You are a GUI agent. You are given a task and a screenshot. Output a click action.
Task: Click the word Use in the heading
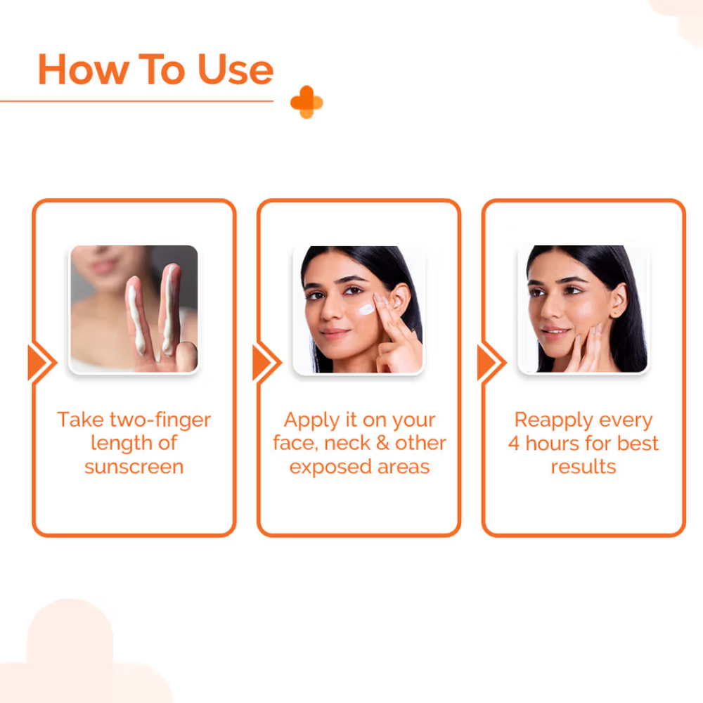click(236, 70)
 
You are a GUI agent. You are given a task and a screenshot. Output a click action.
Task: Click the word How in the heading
click(84, 70)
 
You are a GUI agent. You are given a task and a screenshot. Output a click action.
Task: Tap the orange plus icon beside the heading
click(307, 102)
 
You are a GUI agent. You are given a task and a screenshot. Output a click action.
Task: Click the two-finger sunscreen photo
click(134, 309)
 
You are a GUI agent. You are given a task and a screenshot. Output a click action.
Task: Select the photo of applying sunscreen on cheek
click(359, 309)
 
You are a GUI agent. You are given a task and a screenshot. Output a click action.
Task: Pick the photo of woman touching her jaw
click(583, 309)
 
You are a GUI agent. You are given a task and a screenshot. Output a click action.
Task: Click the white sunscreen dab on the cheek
click(366, 309)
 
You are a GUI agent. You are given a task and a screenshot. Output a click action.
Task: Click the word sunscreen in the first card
click(134, 467)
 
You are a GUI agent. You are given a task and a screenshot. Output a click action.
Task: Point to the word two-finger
click(160, 420)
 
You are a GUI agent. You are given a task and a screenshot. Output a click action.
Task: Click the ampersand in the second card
click(382, 443)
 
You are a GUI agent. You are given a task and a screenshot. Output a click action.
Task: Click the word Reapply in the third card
click(554, 420)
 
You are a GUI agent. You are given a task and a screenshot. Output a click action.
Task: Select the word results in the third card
click(583, 467)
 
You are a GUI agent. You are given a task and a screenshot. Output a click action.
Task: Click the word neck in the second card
click(347, 443)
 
